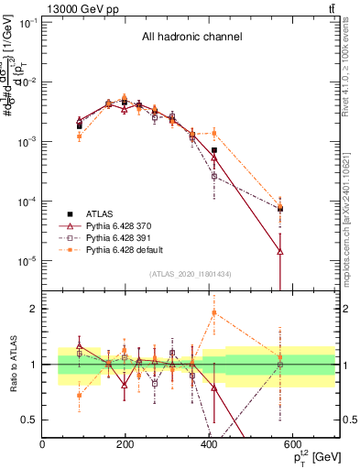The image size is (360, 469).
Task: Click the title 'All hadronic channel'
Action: [x=191, y=38]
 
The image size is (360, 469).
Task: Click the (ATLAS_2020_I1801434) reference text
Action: [x=190, y=273]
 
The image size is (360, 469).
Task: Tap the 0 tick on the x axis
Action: [x=43, y=445]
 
